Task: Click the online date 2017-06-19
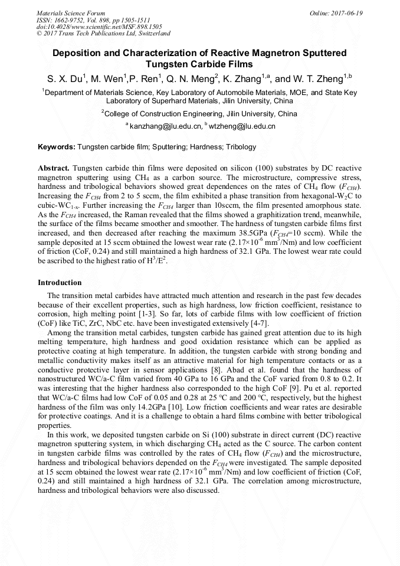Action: click(346, 13)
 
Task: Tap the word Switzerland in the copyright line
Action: click(152, 34)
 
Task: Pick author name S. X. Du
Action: click(65, 78)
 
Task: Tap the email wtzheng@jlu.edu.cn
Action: click(241, 126)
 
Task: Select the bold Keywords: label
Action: click(57, 147)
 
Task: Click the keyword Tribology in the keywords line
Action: click(241, 147)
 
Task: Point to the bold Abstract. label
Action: click(54, 168)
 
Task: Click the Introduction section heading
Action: click(60, 283)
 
